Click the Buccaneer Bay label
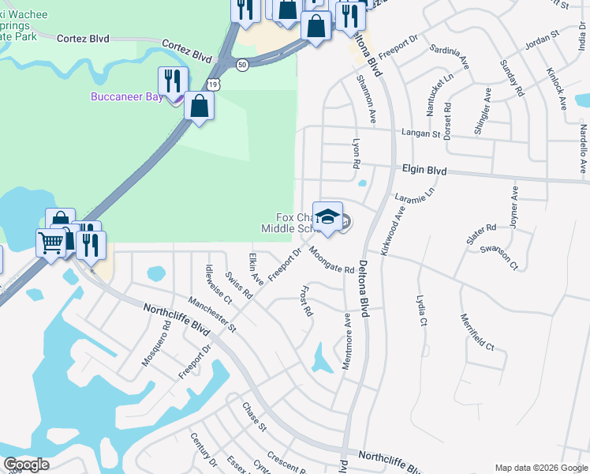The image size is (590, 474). (126, 97)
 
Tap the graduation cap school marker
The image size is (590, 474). (327, 216)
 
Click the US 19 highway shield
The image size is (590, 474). (215, 82)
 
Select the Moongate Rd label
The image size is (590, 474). (331, 259)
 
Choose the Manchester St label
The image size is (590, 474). (212, 314)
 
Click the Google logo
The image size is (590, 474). (26, 465)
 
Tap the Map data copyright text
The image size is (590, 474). (540, 468)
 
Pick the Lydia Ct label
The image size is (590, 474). (421, 310)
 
